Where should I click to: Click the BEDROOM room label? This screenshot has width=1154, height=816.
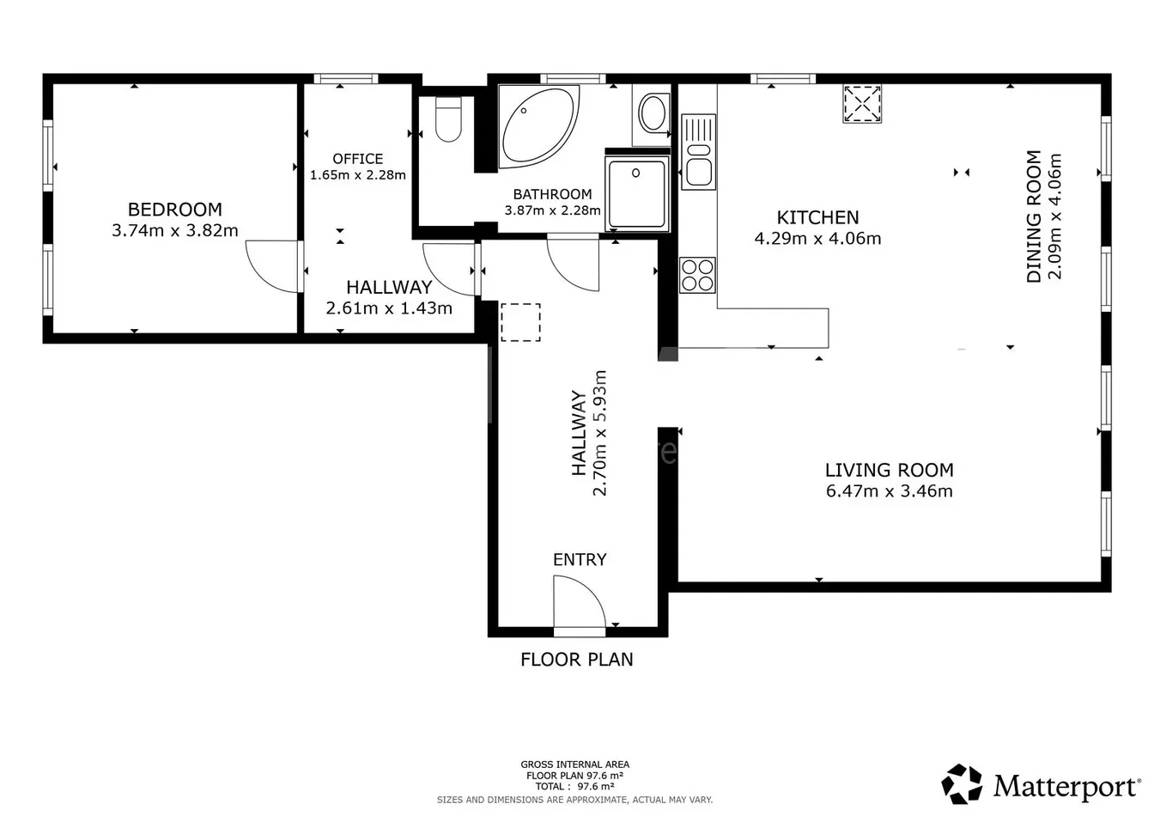coord(174,210)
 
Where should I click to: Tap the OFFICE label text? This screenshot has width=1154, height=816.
coord(357,159)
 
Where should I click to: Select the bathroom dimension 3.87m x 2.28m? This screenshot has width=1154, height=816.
coord(552,210)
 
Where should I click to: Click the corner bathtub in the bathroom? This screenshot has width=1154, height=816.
coord(538,126)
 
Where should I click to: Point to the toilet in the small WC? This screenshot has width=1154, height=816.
coord(448,119)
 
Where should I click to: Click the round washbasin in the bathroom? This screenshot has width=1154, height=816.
coord(653,113)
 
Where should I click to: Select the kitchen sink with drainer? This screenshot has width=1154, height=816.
coord(699,152)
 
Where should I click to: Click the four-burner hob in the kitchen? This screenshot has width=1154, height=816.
coord(697,275)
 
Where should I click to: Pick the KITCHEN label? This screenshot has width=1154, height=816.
coord(817,217)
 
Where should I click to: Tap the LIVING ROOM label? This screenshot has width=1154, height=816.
coord(890,470)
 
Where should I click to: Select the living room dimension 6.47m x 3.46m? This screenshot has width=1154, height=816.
coord(890,490)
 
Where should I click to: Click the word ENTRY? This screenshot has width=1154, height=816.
coord(580,559)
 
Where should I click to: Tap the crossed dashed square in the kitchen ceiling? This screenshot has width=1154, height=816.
coord(862,104)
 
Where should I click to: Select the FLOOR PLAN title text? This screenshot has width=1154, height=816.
coord(576,660)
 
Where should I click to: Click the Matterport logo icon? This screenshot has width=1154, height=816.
coord(962,784)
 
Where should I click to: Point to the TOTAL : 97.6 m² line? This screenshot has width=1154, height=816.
coord(574,786)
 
